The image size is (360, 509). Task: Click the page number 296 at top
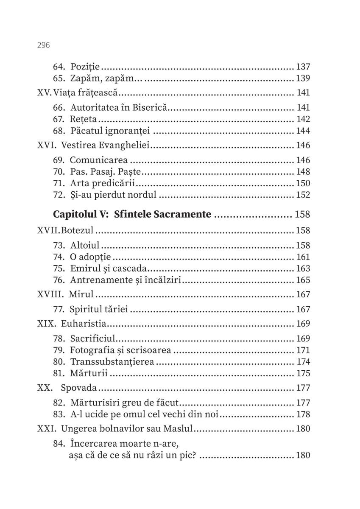[x=44, y=45]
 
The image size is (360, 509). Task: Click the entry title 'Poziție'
[x=85, y=67]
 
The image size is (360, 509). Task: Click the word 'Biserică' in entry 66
[x=153, y=108]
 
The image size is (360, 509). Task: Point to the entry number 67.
[x=59, y=119]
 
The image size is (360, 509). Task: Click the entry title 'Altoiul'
[x=84, y=245]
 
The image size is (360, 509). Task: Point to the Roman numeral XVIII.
[x=50, y=294]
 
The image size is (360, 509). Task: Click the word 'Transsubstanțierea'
[x=112, y=362]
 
